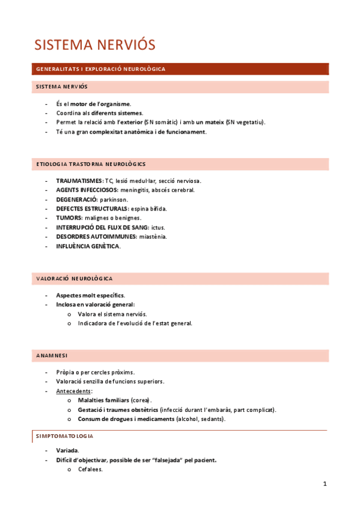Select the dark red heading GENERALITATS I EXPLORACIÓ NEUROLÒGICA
(100, 69)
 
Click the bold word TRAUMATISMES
(79, 180)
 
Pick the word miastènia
(153, 236)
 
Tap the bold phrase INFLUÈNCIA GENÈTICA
(88, 246)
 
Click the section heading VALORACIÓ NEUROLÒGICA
(75, 279)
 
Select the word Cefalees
(90, 469)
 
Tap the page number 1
(325, 484)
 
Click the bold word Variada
(67, 450)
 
